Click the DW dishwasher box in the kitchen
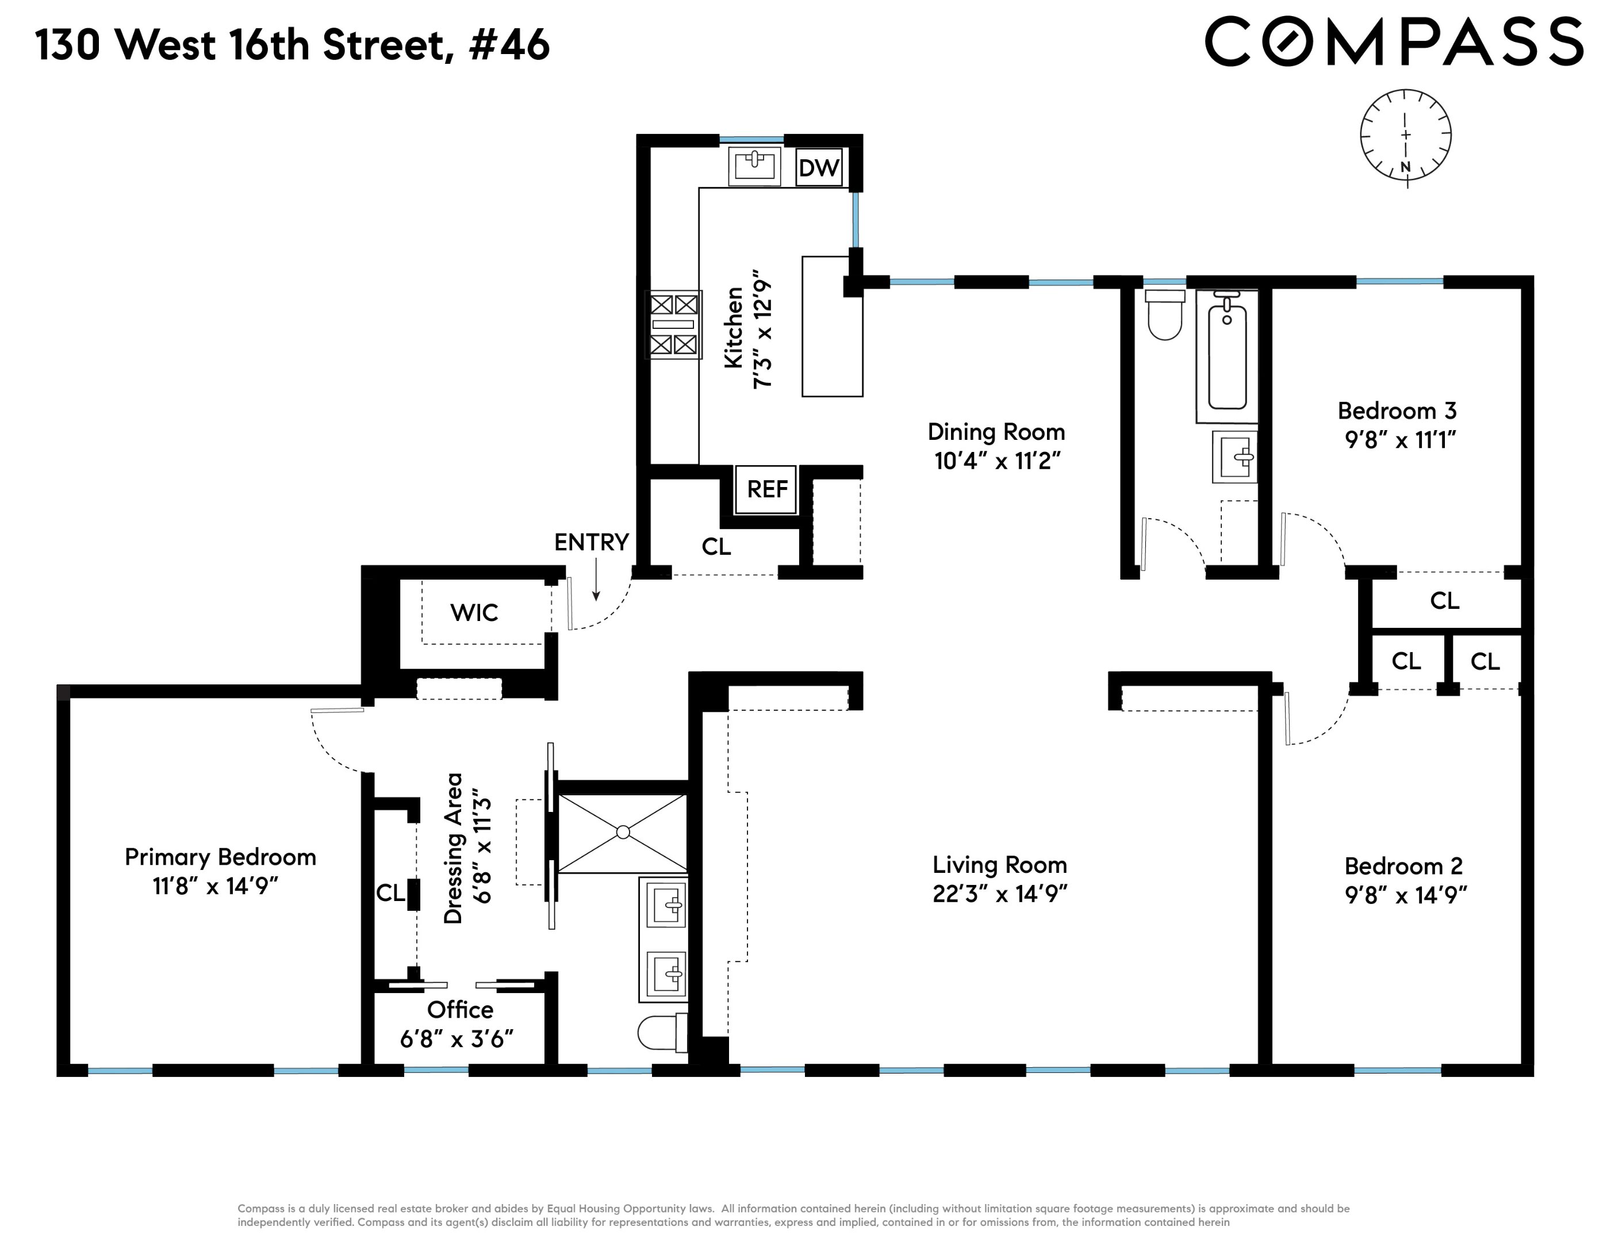(x=818, y=168)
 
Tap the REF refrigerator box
(x=767, y=489)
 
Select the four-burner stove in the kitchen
(x=673, y=324)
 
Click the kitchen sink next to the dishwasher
(x=754, y=166)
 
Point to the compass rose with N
(x=1405, y=137)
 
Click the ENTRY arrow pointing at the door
(x=596, y=581)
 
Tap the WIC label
(x=474, y=612)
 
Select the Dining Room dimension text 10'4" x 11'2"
(x=997, y=461)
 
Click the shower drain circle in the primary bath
(x=623, y=832)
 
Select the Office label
(x=460, y=1010)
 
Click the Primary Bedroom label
(x=220, y=857)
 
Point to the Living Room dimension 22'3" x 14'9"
(x=999, y=893)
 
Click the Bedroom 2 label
(x=1403, y=866)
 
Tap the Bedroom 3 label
(x=1397, y=411)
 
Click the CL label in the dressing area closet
(x=390, y=892)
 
